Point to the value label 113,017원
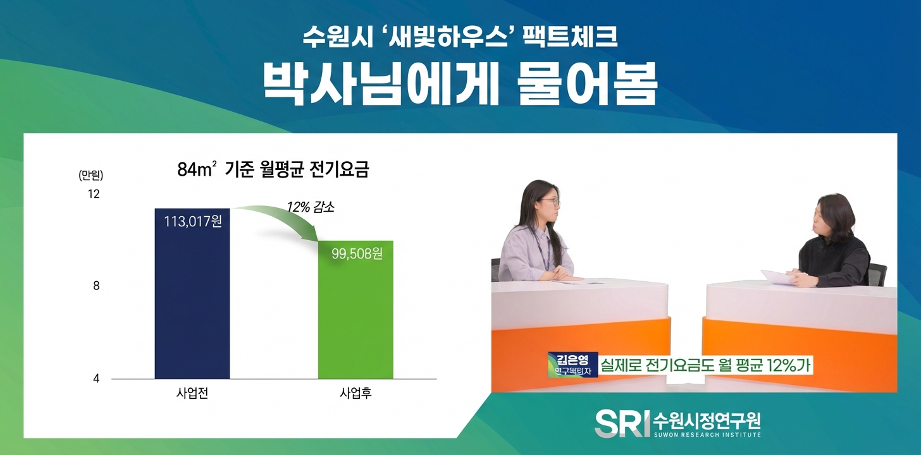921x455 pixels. (x=192, y=222)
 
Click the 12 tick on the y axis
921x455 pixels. (x=93, y=194)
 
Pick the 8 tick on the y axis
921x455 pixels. (x=96, y=286)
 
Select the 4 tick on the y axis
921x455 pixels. (x=96, y=379)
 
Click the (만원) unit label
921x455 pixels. (x=90, y=174)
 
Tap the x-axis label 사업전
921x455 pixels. (x=192, y=394)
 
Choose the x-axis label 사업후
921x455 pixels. (x=355, y=394)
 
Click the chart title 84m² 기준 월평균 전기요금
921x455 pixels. (x=273, y=170)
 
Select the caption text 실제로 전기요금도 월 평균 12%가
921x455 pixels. (x=704, y=365)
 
